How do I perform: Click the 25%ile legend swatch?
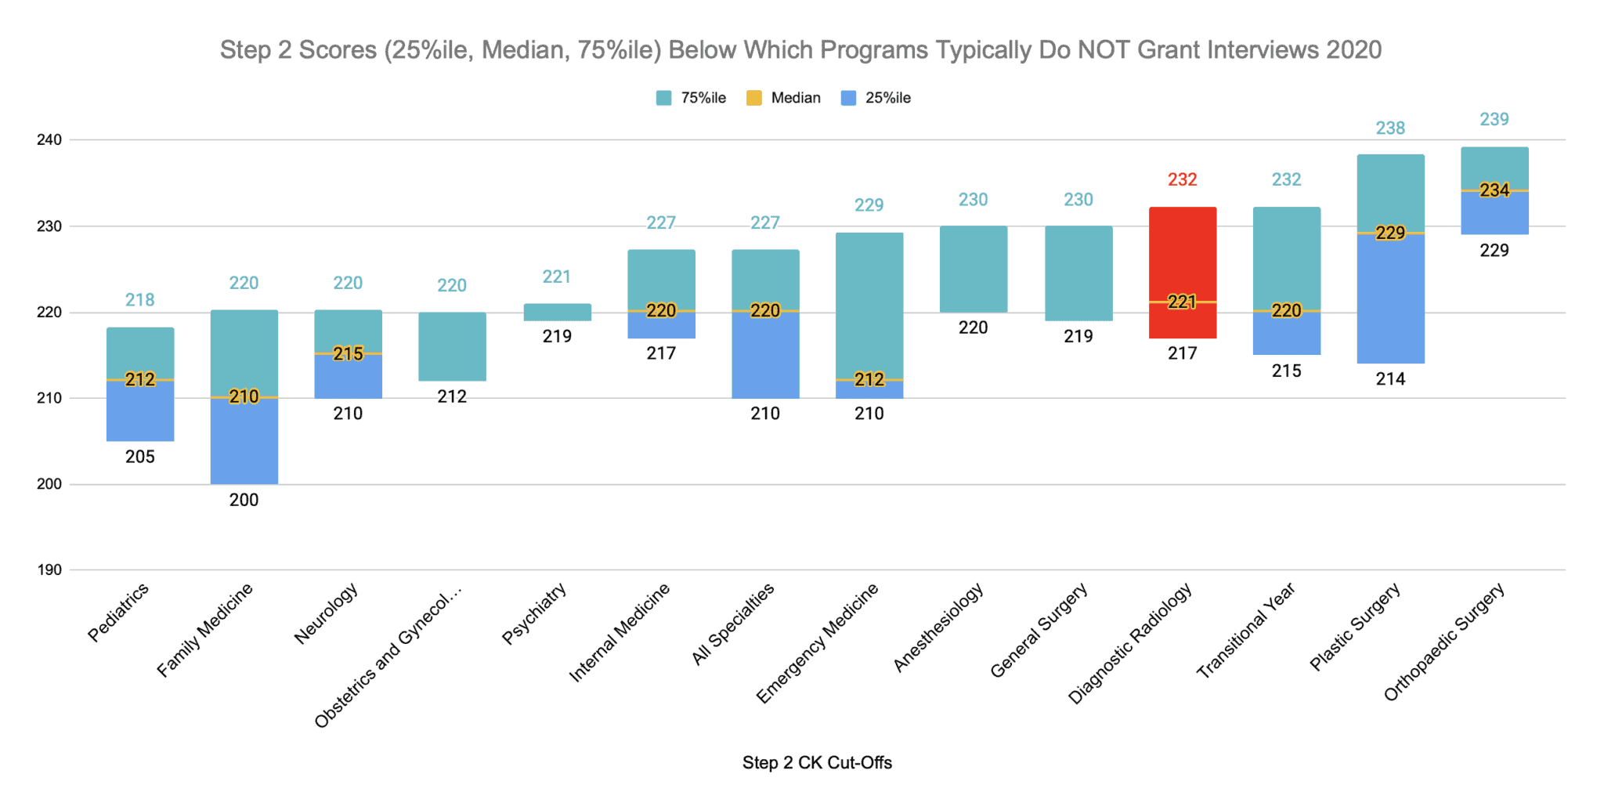point(848,98)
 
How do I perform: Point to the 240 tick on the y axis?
point(49,139)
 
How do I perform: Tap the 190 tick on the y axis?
point(49,570)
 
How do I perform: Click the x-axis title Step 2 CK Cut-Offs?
point(817,762)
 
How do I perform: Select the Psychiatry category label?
point(534,614)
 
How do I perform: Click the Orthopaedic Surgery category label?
point(1444,642)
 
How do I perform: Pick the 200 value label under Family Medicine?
point(244,500)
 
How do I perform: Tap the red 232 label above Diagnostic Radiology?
point(1182,179)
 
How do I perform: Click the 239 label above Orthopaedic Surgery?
point(1494,119)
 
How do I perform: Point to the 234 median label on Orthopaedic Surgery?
point(1494,190)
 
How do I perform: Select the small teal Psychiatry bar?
point(557,312)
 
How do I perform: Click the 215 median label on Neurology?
point(348,353)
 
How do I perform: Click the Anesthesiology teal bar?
point(973,269)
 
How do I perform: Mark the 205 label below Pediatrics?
point(140,457)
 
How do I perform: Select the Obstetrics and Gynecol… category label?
point(388,656)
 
